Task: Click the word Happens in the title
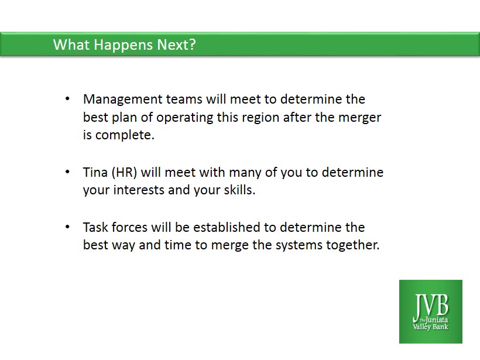(123, 45)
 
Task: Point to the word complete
(125, 136)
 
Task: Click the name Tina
(95, 172)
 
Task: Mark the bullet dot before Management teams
(67, 99)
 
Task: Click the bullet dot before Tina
(67, 172)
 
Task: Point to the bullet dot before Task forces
(67, 227)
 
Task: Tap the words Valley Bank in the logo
(430, 327)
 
